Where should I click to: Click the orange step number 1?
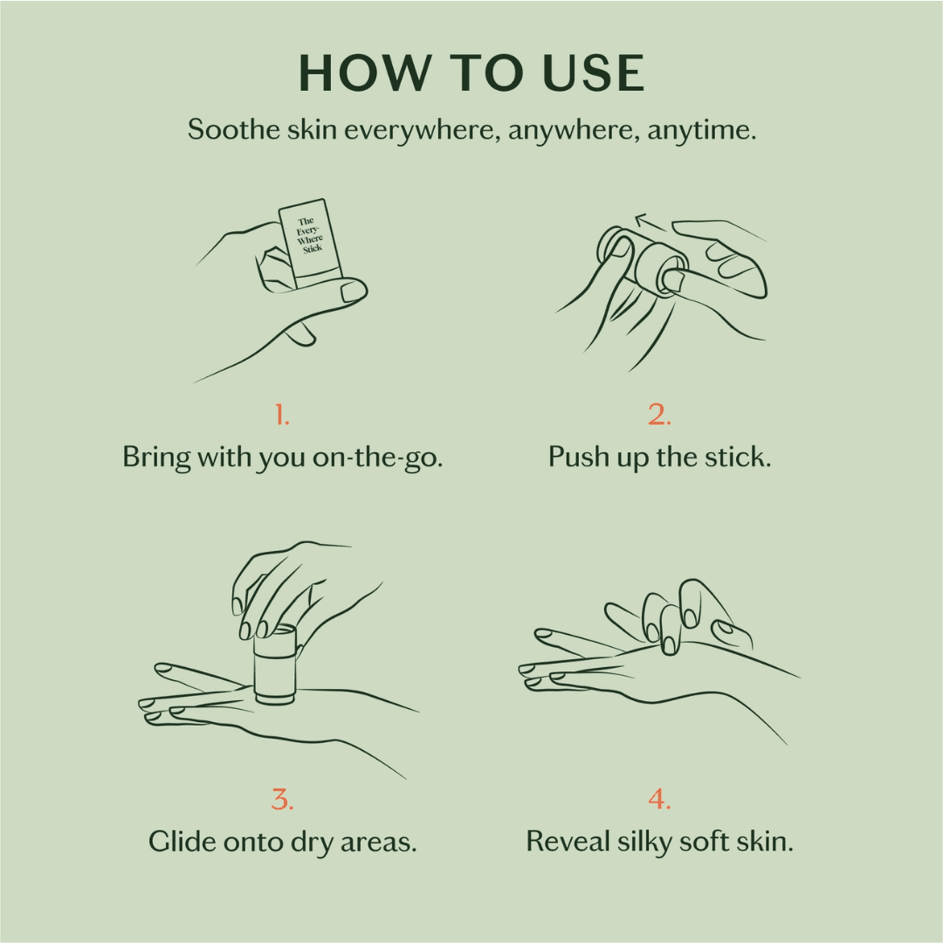point(282,416)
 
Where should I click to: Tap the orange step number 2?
point(659,416)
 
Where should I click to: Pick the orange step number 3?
point(282,798)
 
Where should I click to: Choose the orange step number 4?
point(659,798)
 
